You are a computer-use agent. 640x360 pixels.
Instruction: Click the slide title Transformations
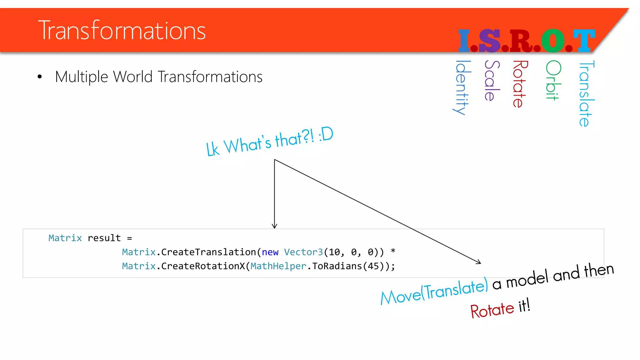(x=122, y=30)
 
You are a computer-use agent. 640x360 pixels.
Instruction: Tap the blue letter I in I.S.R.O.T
(x=464, y=41)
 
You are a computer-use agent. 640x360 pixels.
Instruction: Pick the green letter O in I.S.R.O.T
(x=553, y=41)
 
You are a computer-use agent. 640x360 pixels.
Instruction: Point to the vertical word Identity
(x=462, y=87)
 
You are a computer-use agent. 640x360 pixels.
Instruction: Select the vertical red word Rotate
(x=519, y=84)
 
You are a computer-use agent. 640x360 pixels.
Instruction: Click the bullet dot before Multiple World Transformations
(x=39, y=77)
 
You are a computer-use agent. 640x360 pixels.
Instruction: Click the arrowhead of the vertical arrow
(x=274, y=226)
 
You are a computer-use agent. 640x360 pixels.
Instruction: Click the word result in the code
(x=104, y=238)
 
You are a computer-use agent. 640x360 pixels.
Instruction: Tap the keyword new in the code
(x=270, y=252)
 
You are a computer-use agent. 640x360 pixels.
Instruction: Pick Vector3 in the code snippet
(x=303, y=252)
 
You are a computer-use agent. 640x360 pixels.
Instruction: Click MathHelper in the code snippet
(x=278, y=266)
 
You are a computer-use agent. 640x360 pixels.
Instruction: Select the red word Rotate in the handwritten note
(x=492, y=310)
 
